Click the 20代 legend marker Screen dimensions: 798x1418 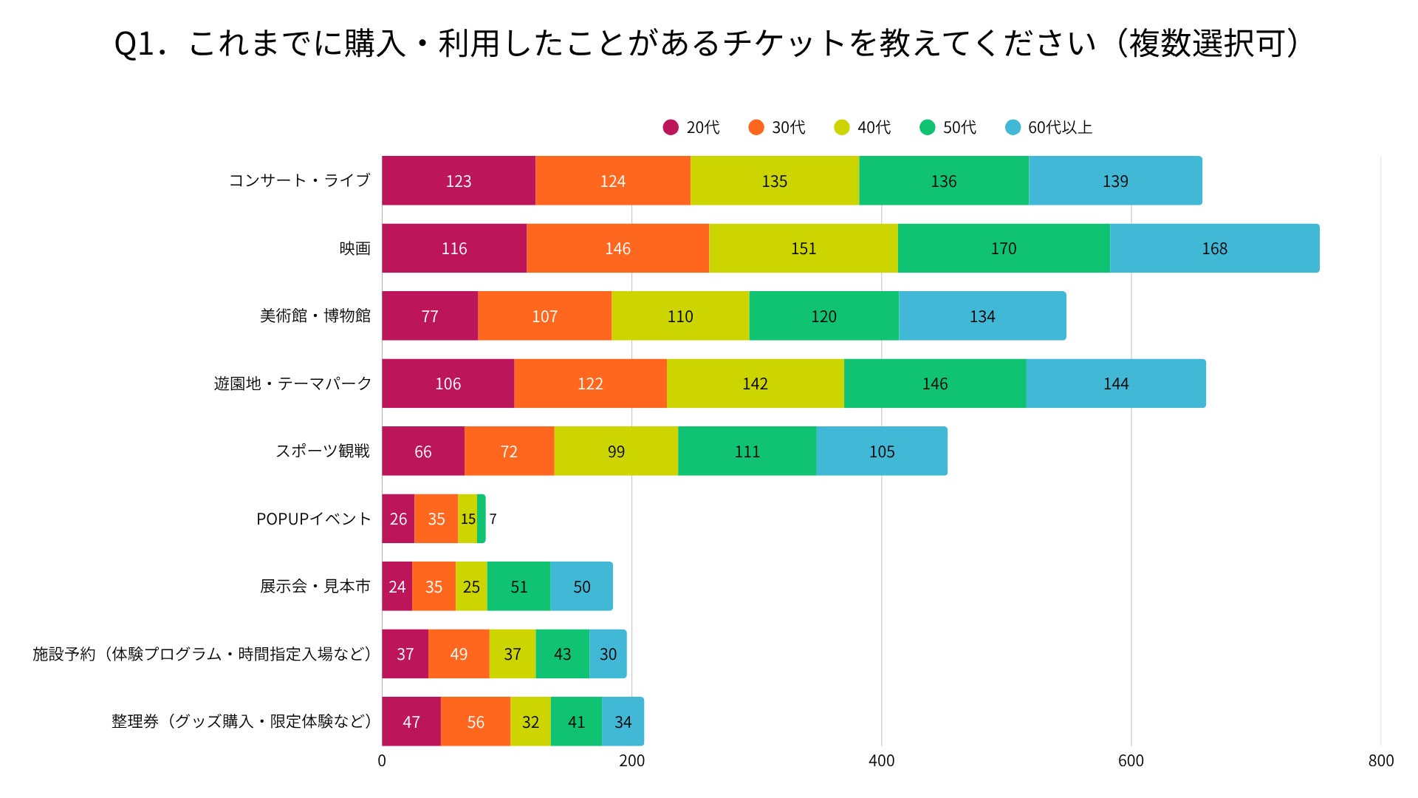pos(671,128)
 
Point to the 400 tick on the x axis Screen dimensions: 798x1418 pos(881,761)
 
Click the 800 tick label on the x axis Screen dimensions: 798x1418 pos(1380,761)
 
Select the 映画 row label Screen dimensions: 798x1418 pos(354,248)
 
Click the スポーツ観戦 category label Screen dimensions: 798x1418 pos(323,451)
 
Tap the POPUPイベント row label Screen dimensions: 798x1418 pos(313,519)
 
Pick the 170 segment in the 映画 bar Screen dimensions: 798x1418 pos(1003,248)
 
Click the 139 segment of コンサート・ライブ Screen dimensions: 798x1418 pos(1115,181)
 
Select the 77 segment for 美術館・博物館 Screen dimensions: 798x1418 pos(430,316)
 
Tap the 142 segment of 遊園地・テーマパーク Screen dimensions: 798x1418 pos(755,383)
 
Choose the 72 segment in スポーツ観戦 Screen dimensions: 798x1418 pos(509,451)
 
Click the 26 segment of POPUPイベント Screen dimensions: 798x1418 pos(398,519)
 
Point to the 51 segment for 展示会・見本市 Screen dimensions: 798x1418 pos(518,587)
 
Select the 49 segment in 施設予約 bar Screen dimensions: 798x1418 pos(459,654)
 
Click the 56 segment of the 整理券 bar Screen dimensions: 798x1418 pos(476,722)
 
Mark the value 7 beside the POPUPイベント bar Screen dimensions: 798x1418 pos(493,519)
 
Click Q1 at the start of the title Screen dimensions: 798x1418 pos(134,44)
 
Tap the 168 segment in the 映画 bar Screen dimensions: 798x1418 pos(1214,248)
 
